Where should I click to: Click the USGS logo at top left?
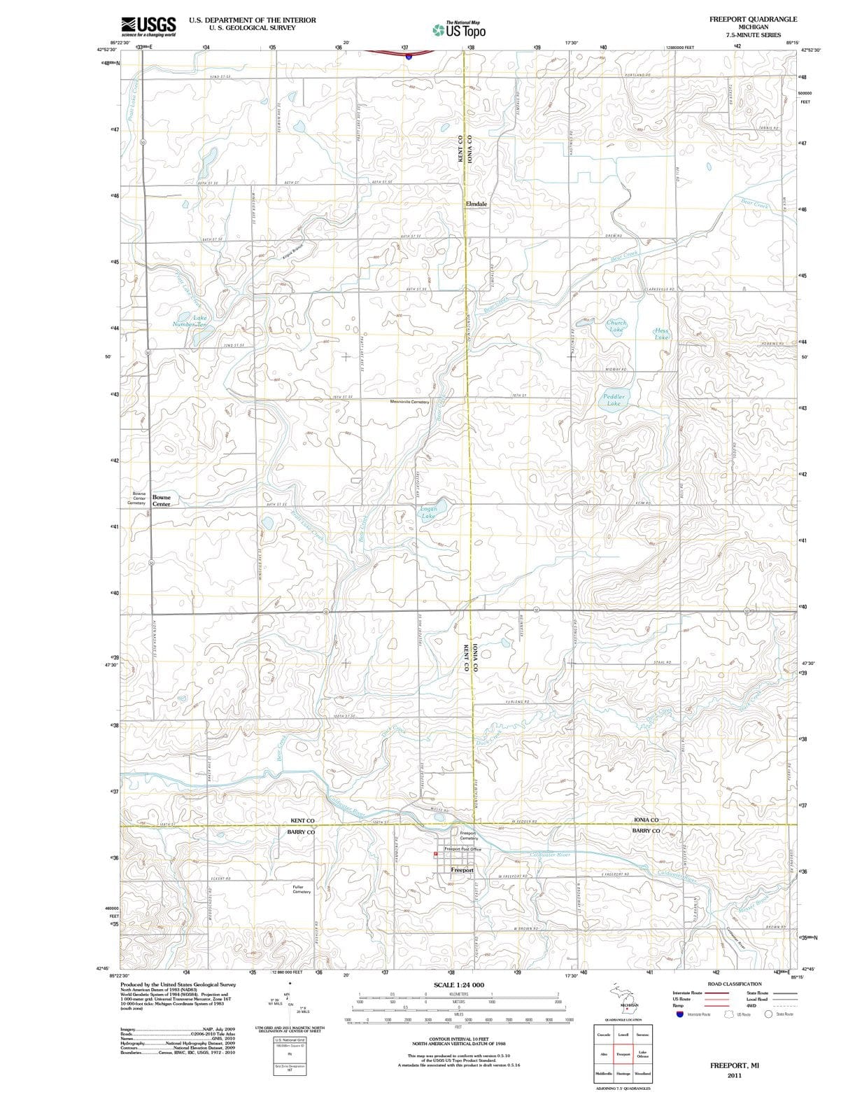148,27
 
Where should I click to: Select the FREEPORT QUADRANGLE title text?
753,19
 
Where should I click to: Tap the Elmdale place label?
476,204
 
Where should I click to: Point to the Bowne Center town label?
162,500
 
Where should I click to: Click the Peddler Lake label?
614,400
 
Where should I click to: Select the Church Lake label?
616,326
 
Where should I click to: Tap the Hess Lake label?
661,334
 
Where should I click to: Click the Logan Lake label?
428,513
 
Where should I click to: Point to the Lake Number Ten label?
191,321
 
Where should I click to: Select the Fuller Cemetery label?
302,889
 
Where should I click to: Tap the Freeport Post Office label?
462,849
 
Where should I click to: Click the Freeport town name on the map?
462,870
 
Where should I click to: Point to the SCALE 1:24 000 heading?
458,985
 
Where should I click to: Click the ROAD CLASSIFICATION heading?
734,983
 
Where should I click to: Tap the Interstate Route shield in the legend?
679,1014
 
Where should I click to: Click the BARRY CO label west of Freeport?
301,832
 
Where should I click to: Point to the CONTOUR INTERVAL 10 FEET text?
458,1039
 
